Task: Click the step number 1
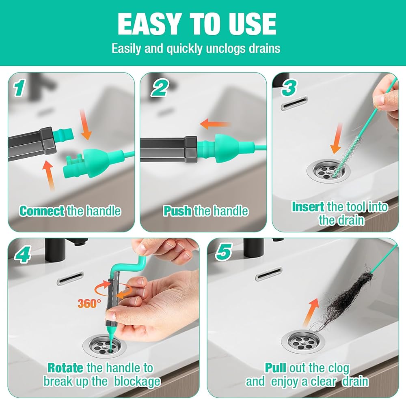(19, 88)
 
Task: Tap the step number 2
(160, 88)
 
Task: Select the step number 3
(289, 88)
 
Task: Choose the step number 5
(224, 252)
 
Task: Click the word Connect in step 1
(42, 211)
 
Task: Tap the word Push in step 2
(178, 211)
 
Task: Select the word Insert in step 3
(308, 207)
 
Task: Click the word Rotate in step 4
(65, 368)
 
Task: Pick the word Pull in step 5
(275, 368)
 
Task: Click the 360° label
(89, 303)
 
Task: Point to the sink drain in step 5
(303, 342)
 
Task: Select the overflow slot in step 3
(294, 103)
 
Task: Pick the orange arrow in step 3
(337, 139)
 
